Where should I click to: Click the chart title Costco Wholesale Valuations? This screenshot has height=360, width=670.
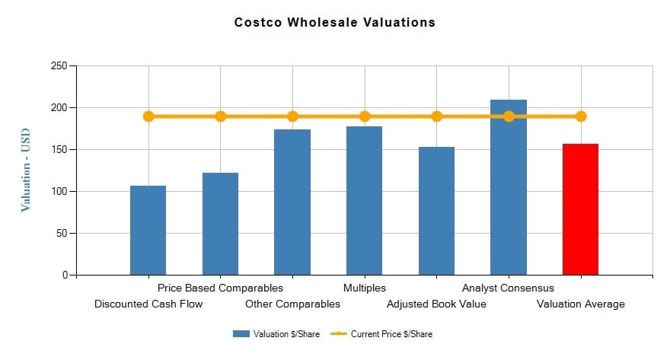335,22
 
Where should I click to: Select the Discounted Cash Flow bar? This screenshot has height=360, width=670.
148,230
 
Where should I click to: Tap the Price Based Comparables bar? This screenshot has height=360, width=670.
220,224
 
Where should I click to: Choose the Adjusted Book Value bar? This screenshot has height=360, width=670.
436,211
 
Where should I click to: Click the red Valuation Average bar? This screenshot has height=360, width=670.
580,209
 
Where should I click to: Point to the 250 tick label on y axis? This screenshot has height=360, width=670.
59,66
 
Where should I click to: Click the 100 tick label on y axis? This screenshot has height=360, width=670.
59,191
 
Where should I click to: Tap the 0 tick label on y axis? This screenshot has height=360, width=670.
64,275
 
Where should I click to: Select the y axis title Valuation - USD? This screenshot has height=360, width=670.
26,170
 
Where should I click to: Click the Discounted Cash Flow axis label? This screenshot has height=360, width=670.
148,304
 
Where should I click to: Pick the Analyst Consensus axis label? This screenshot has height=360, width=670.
508,288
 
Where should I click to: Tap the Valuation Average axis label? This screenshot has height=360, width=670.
580,304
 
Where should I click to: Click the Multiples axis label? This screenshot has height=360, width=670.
365,288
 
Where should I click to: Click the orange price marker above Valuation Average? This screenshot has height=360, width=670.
581,116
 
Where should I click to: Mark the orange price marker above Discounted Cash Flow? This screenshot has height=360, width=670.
148,116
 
